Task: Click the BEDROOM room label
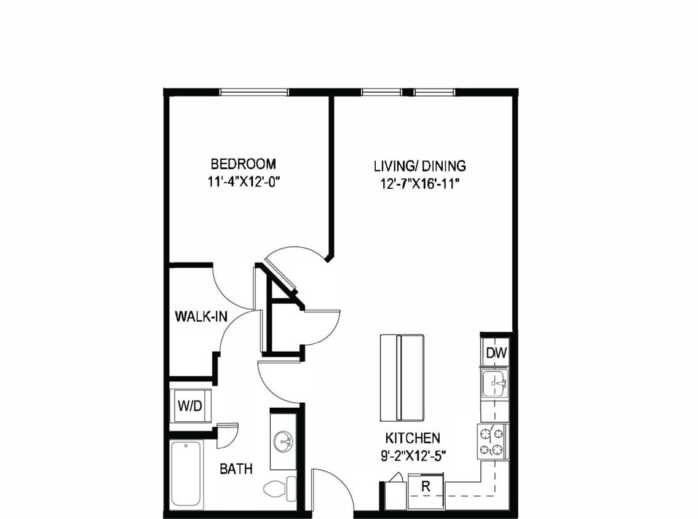[x=244, y=164]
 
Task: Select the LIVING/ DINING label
[x=420, y=166]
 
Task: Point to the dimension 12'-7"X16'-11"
[x=420, y=183]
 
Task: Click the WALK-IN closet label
[x=201, y=317]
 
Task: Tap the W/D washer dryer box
[x=190, y=406]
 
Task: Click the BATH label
[x=236, y=469]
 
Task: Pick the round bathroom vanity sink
[x=284, y=440]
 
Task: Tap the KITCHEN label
[x=413, y=438]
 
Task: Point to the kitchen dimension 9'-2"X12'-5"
[x=413, y=456]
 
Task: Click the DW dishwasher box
[x=496, y=353]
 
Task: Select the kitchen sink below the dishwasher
[x=494, y=385]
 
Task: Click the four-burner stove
[x=492, y=441]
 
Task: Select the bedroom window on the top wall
[x=254, y=93]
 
